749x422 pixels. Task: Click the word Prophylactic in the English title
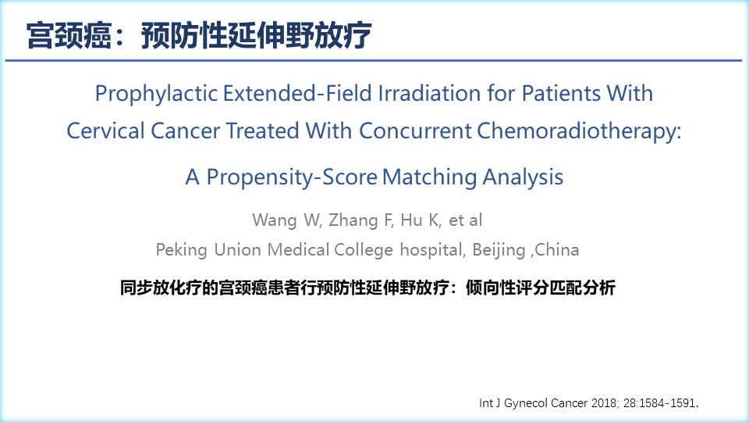(156, 94)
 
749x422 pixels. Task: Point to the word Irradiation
(429, 93)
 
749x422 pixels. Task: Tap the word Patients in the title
(561, 93)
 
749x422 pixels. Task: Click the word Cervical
(105, 131)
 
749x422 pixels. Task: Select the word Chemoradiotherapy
(577, 131)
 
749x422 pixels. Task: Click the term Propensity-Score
(292, 177)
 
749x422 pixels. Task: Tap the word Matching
(429, 177)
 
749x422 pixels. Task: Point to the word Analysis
(523, 177)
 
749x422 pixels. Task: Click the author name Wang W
(286, 220)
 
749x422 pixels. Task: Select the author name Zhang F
(360, 220)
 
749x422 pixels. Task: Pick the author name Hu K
(420, 220)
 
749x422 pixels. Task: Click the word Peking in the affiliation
(182, 250)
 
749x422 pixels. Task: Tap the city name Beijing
(499, 250)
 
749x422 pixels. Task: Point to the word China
(557, 250)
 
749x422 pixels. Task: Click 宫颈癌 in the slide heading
(69, 36)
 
